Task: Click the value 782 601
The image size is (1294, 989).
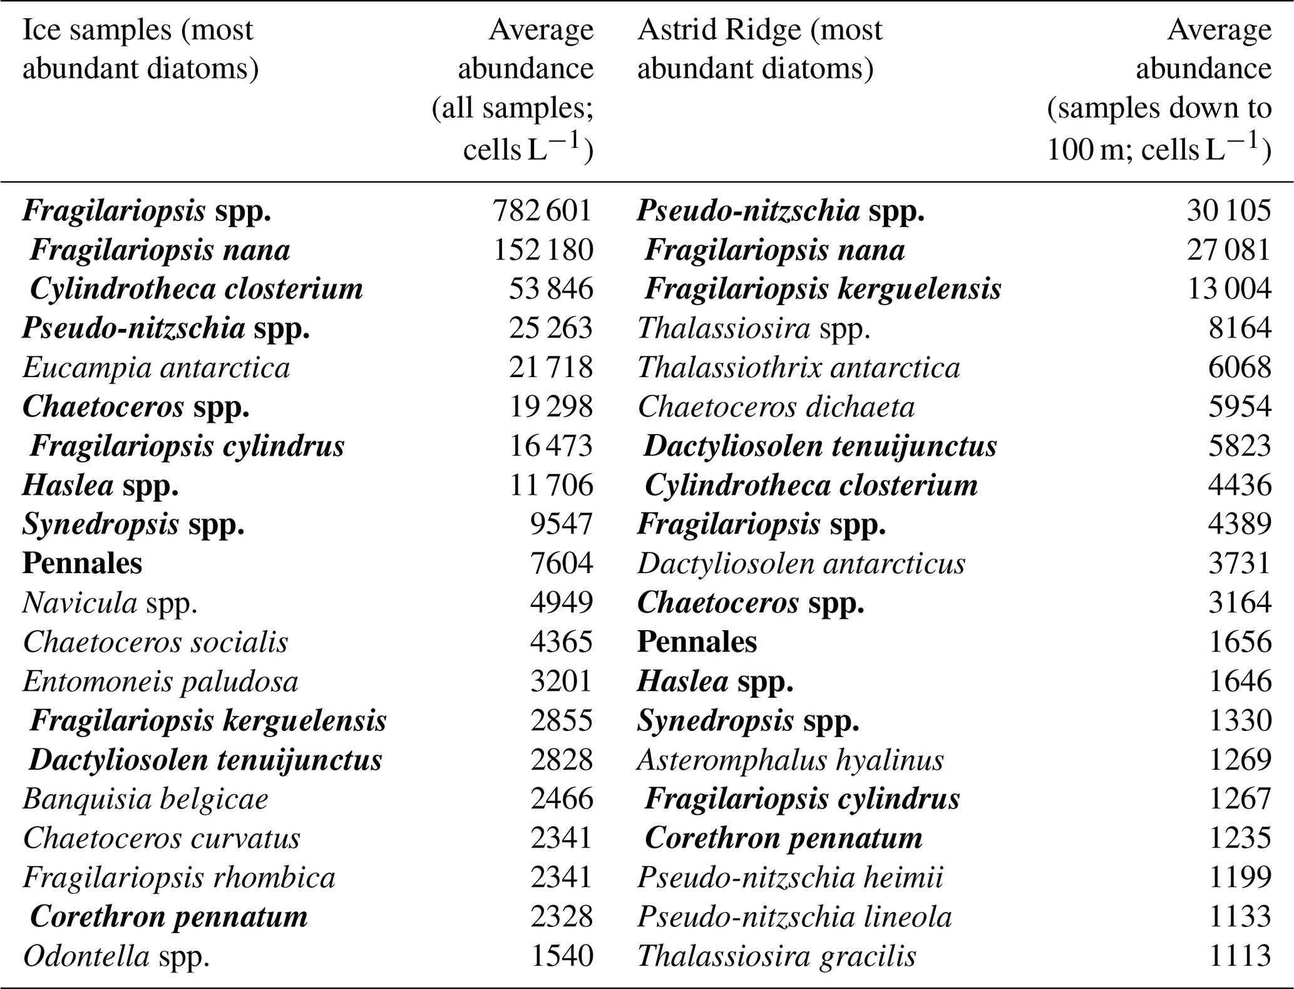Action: (x=542, y=210)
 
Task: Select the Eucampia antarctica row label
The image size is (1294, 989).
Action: (x=156, y=368)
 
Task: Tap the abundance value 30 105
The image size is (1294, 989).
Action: (x=1228, y=210)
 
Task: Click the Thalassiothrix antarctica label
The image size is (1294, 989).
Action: (x=798, y=368)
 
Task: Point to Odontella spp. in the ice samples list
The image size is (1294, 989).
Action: (x=116, y=956)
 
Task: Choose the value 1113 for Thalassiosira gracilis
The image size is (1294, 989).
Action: (x=1240, y=956)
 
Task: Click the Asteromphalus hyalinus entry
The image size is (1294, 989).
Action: (x=790, y=760)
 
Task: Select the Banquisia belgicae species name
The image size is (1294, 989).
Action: (x=145, y=799)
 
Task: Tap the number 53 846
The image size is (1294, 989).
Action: (x=550, y=289)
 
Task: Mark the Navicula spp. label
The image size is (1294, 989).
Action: (x=110, y=603)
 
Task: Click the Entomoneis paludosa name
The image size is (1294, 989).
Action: (x=160, y=681)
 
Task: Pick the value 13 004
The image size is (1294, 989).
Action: (x=1229, y=289)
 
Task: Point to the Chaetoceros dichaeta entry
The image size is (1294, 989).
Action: (x=776, y=407)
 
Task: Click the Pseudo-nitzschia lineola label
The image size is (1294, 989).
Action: (x=794, y=917)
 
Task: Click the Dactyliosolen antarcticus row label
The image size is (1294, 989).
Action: (x=801, y=564)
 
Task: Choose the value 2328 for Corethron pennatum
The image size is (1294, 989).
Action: (x=562, y=917)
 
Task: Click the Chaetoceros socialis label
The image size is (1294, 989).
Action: (x=155, y=643)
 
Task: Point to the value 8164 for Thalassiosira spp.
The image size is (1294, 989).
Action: (x=1240, y=328)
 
